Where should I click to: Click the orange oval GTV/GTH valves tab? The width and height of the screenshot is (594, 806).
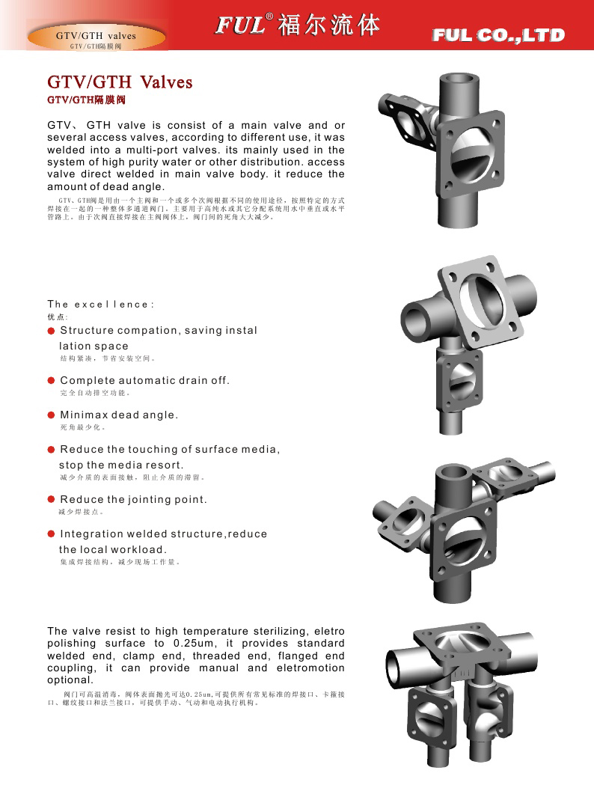click(x=97, y=38)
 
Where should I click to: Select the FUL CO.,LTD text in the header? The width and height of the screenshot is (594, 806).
click(x=498, y=35)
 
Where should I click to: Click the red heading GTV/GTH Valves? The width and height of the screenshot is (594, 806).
click(x=120, y=82)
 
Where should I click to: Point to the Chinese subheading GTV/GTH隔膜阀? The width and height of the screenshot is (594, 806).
click(x=86, y=99)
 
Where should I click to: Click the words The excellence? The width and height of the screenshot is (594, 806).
click(x=101, y=305)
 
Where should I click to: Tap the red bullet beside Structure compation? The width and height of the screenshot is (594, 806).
click(x=52, y=331)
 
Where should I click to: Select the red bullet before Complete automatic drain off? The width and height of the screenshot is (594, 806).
click(x=52, y=381)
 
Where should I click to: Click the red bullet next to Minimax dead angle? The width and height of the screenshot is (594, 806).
click(x=52, y=415)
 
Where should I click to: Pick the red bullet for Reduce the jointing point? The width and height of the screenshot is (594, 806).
click(x=52, y=500)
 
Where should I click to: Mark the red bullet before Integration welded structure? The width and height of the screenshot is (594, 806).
click(x=52, y=534)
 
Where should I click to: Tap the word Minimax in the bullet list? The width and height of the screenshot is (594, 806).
click(x=83, y=415)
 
